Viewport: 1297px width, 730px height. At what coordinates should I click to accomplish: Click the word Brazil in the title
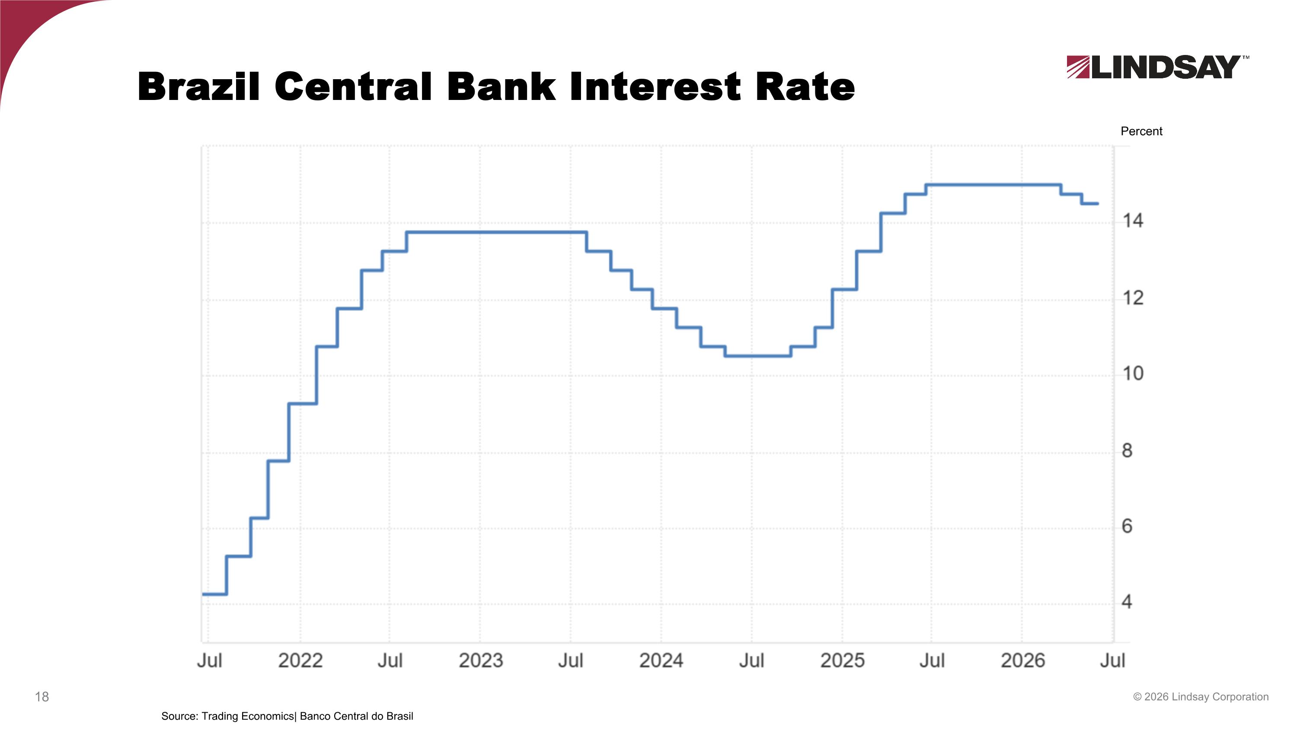(199, 87)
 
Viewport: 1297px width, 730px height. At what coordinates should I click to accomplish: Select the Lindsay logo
(1157, 67)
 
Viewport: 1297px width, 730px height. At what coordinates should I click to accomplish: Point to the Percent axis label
(1141, 132)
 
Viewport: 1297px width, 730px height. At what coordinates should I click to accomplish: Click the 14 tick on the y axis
(1133, 221)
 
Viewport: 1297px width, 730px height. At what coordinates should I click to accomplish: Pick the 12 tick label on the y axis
(1133, 298)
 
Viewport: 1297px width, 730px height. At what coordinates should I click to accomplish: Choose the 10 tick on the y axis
(1133, 373)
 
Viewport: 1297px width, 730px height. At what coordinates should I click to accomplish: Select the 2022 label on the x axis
(300, 660)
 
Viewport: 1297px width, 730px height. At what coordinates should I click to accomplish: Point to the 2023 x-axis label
(481, 660)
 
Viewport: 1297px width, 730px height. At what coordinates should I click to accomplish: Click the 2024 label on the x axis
(661, 660)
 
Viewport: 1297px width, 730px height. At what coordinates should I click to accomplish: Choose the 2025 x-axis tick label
(842, 660)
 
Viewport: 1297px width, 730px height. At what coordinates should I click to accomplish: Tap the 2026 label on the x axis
(1022, 660)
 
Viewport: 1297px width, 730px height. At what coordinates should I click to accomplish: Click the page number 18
(42, 697)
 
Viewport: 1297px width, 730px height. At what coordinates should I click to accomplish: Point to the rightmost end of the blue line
(1098, 203)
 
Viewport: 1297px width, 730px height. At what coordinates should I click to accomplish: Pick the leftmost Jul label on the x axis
(209, 660)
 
